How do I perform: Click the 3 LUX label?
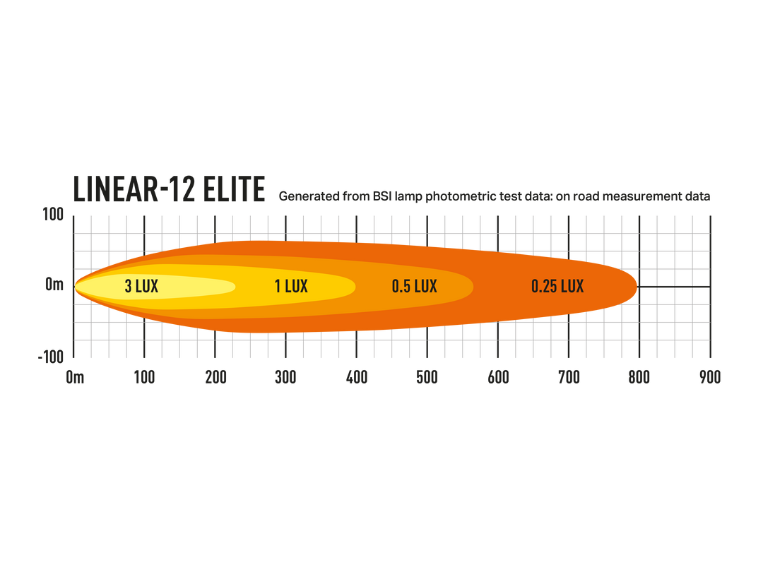point(141,286)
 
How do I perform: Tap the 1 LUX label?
point(291,286)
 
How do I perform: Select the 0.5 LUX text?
point(415,286)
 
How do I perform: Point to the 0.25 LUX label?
point(557,286)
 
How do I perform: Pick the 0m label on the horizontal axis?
point(75,378)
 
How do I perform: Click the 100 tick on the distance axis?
point(145,378)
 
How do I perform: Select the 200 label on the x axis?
point(215,378)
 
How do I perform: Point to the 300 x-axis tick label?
point(285,378)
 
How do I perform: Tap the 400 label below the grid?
point(356,378)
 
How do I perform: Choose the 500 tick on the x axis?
point(427,378)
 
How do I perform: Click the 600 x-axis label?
point(498,378)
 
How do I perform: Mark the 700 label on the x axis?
point(569,378)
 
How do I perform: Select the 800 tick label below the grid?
point(639,378)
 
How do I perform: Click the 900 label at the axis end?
point(709,378)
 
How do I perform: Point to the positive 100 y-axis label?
point(54,215)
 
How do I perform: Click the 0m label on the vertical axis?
point(54,285)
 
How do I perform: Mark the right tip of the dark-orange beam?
point(637,286)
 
